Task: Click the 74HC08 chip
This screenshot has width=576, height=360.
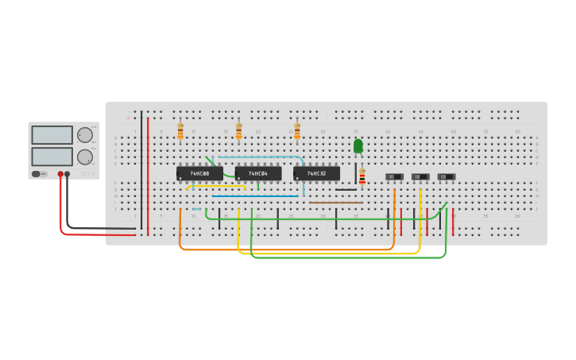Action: [x=199, y=173]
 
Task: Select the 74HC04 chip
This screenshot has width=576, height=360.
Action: [x=258, y=173]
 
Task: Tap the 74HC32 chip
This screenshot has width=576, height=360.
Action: [x=316, y=173]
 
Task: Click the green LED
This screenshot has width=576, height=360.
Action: [x=358, y=146]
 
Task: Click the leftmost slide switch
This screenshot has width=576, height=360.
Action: [x=394, y=176]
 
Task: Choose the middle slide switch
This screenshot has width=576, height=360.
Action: [x=420, y=176]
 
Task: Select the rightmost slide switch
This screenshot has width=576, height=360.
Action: [x=446, y=176]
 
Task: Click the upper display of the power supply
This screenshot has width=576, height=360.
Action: [x=52, y=135]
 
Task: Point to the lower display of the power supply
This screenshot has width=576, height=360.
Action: [x=52, y=156]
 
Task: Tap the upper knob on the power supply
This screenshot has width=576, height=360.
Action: [x=84, y=135]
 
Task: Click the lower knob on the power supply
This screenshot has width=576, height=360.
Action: [x=84, y=157]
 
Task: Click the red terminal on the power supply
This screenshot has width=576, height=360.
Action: [x=60, y=174]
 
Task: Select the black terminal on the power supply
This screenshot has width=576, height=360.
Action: [x=68, y=174]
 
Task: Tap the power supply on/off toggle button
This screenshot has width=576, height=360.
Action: [x=37, y=174]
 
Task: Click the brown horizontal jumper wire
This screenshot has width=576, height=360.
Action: [x=335, y=203]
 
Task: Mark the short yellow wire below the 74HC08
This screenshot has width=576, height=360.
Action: [x=216, y=187]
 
